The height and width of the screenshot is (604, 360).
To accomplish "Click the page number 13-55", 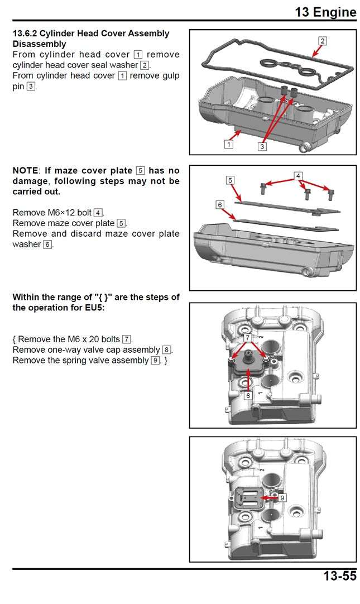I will tap(339, 576).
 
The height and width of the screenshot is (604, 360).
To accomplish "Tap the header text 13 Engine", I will tap(325, 12).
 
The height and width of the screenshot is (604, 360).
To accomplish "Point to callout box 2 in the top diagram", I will tap(323, 40).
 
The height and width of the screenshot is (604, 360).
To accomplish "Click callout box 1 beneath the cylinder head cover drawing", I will tap(228, 144).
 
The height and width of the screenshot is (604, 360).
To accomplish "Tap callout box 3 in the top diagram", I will tap(262, 146).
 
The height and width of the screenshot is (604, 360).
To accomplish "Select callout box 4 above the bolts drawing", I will tap(299, 176).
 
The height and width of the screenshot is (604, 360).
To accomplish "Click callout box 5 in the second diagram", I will tap(230, 180).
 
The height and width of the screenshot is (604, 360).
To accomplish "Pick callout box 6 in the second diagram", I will tap(220, 205).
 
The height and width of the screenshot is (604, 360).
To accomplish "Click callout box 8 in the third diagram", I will tap(248, 395).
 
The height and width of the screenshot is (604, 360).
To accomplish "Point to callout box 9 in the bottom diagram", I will tap(283, 497).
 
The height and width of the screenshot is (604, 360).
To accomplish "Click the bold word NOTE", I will tap(25, 171).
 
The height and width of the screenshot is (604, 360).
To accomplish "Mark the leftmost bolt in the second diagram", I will tap(262, 185).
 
